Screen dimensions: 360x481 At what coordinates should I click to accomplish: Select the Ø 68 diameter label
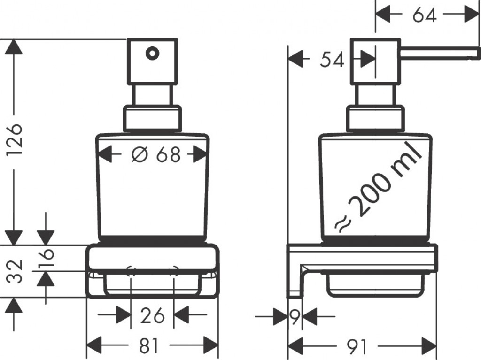click(155, 154)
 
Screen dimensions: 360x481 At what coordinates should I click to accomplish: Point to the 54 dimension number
click(332, 60)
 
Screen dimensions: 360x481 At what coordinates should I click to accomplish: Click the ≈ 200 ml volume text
click(379, 186)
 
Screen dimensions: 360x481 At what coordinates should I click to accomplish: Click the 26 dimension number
click(153, 315)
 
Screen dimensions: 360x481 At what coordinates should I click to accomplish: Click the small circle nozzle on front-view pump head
click(152, 54)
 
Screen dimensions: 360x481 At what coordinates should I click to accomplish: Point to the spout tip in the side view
click(475, 53)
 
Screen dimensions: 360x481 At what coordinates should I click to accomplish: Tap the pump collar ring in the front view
click(152, 119)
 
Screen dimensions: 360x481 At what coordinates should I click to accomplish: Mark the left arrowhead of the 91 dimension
click(295, 347)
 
